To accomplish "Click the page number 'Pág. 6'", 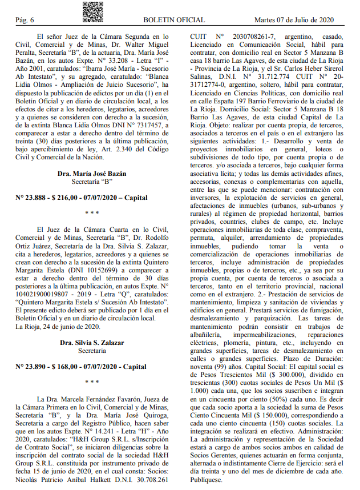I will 25,20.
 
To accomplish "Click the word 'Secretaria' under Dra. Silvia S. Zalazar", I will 92,350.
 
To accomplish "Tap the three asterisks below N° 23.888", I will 92,213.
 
